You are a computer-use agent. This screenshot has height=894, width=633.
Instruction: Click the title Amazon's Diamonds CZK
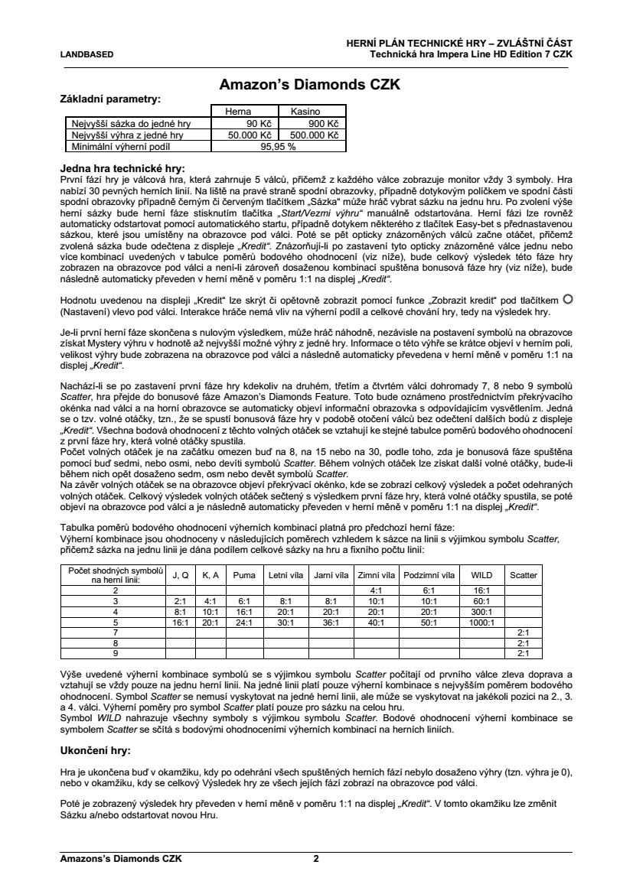[x=310, y=85]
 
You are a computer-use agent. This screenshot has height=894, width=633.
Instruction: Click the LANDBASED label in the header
[x=87, y=55]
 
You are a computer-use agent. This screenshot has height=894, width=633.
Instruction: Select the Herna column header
[x=237, y=112]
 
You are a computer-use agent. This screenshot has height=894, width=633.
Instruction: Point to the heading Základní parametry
[x=110, y=99]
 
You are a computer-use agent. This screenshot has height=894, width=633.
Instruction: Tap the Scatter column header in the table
[x=524, y=575]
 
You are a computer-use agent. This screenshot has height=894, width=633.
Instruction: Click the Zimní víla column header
[x=376, y=575]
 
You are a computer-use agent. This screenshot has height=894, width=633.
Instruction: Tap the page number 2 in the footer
[x=315, y=859]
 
